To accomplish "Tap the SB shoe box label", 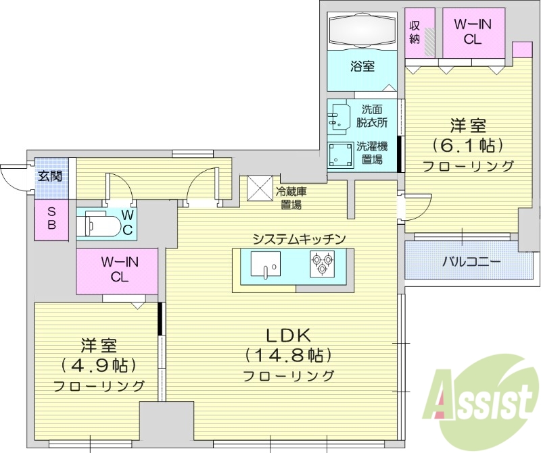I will [51, 219].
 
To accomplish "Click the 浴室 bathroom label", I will [362, 66].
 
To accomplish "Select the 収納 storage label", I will [415, 31].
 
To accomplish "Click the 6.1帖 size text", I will [468, 145].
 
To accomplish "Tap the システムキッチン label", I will [300, 238].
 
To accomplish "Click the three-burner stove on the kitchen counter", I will [322, 263].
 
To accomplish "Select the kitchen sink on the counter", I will [265, 264].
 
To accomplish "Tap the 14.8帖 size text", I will [288, 355].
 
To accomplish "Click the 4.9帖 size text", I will [99, 365].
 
